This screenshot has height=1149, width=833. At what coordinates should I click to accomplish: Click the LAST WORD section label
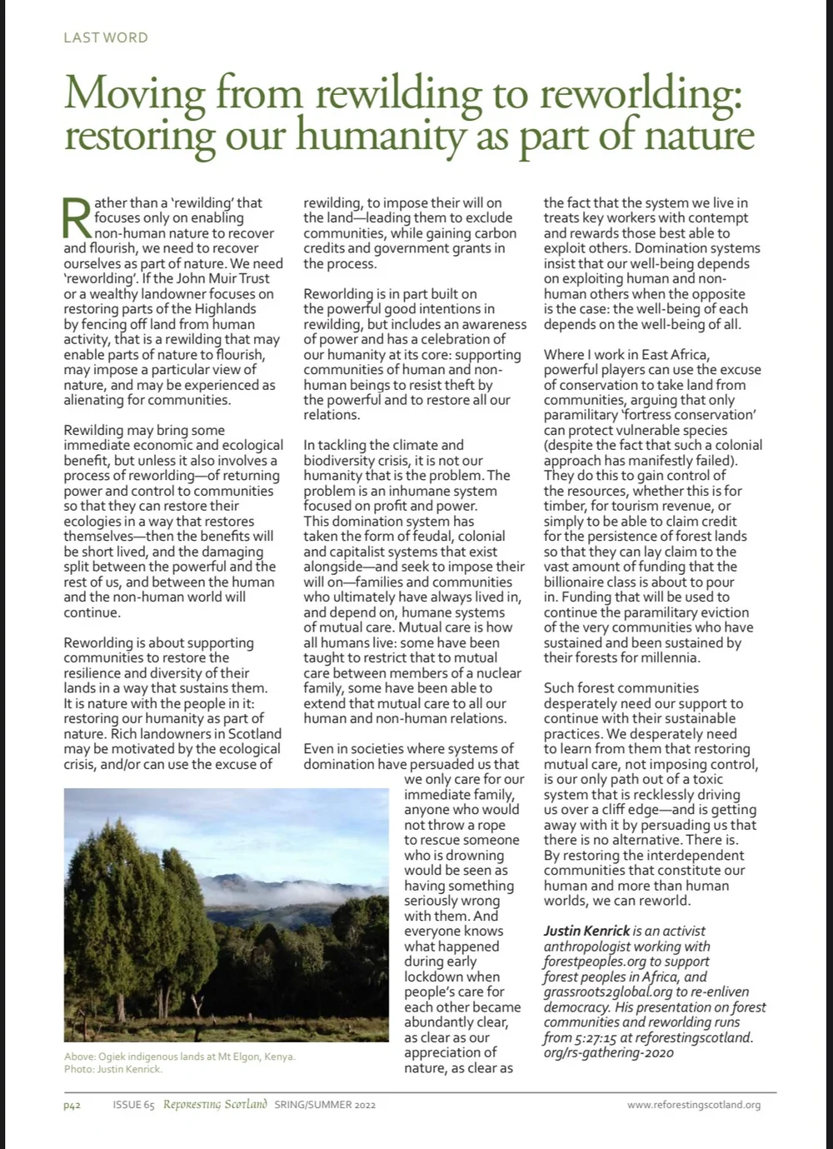[106, 37]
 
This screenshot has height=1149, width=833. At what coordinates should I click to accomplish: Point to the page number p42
[72, 1105]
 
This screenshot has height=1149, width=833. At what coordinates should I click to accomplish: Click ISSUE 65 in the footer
[134, 1105]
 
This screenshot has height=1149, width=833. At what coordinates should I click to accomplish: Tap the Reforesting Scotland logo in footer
[215, 1105]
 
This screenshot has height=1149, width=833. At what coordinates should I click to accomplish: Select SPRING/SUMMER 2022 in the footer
[325, 1105]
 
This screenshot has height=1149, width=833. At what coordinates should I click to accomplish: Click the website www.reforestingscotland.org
[694, 1105]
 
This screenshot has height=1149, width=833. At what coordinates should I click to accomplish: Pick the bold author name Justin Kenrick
[586, 931]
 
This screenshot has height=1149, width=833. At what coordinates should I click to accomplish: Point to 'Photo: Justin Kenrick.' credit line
[113, 1069]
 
